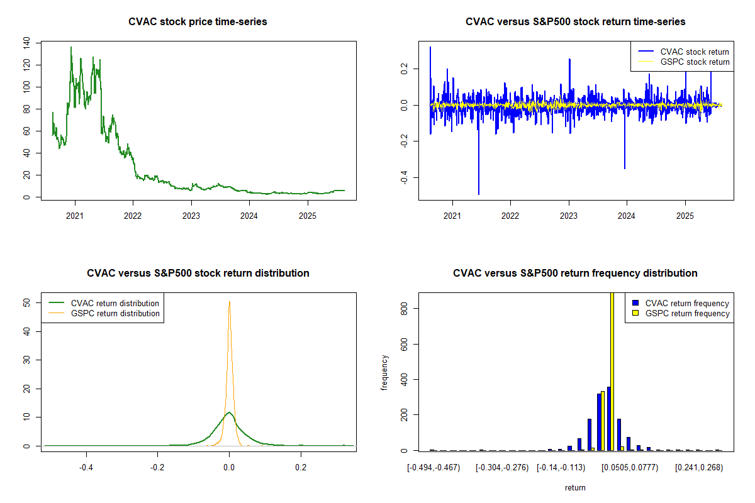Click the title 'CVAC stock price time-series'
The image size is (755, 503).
tap(198, 22)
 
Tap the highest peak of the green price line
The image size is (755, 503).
tap(71, 47)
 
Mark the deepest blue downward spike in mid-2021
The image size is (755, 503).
tap(479, 194)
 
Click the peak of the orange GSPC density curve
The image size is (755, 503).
tap(229, 302)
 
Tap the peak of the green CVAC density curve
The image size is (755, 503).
tap(229, 412)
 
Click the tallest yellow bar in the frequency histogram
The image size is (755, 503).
tap(612, 371)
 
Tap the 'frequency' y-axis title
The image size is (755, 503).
tap(384, 373)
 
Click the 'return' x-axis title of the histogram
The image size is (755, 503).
tap(575, 488)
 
